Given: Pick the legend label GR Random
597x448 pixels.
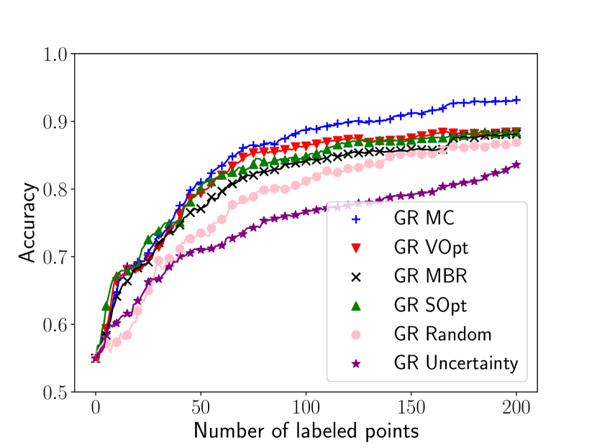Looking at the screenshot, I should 443,334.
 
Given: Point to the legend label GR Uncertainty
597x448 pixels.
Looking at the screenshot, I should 456,363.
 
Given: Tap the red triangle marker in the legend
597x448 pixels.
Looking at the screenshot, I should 355,248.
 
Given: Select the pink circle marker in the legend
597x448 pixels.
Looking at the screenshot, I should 355,334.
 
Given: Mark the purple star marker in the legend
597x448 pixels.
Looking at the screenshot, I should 355,363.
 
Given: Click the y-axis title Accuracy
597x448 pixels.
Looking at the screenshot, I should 27,223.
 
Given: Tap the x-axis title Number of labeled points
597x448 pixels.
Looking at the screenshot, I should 306,431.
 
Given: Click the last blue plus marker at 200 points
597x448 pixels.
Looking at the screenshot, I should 516,100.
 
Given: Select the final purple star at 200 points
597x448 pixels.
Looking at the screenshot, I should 516,165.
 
